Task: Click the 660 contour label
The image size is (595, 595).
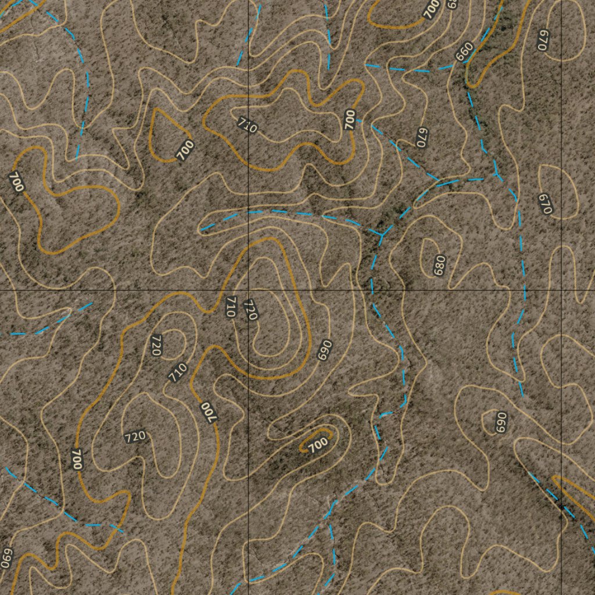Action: [x=465, y=52]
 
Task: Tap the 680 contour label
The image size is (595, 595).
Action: [x=439, y=265]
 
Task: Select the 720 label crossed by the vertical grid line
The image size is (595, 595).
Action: [x=250, y=310]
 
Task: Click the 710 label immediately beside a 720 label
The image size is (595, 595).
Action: [x=231, y=306]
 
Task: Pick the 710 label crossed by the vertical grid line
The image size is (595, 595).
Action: [x=247, y=125]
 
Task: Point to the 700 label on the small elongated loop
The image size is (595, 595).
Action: [x=318, y=445]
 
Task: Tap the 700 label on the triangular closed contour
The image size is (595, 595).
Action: [x=185, y=150]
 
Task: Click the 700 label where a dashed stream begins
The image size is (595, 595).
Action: [x=349, y=119]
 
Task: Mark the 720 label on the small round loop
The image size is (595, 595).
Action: [x=156, y=345]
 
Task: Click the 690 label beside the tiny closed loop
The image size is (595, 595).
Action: [x=500, y=422]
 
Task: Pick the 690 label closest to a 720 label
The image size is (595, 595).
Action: [x=324, y=349]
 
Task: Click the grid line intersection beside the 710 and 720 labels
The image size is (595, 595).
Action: [x=249, y=289]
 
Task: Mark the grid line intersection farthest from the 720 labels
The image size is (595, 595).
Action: [x=562, y=289]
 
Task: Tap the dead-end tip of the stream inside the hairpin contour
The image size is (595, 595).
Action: [x=200, y=231]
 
